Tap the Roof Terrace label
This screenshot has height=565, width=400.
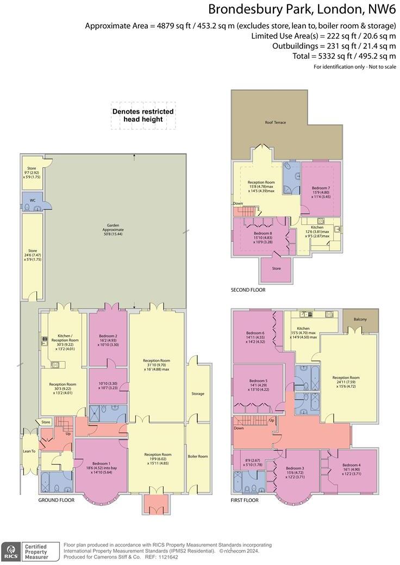coord(275,122)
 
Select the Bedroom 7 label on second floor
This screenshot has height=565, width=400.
coord(321,188)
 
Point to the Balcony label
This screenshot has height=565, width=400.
coord(360,319)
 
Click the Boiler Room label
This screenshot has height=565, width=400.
coord(198,456)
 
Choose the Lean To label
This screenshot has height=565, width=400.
coord(29,451)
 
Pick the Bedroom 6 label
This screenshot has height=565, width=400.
coord(255,333)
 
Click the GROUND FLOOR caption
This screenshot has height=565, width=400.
coord(57,500)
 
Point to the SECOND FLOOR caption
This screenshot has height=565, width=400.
coord(248,291)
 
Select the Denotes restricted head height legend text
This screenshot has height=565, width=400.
coord(143,115)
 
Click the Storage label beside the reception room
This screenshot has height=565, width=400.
coord(198,393)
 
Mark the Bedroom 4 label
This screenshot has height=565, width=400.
coord(352,465)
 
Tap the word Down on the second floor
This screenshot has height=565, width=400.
coord(238,204)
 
